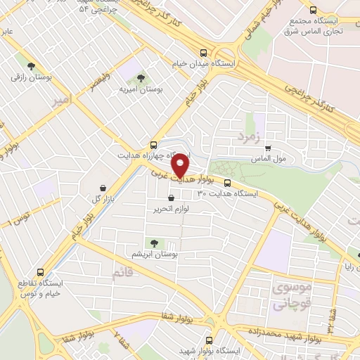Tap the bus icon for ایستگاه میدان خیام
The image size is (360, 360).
coord(204,53)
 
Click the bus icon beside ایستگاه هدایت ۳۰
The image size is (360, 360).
coord(227,183)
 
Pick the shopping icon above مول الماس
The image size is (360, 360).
coord(268,148)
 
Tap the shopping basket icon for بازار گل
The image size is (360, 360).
coord(104,188)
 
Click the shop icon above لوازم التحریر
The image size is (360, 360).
coord(171,199)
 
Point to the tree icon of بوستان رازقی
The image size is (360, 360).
coord(30,65)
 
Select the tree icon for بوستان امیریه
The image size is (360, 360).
coord(141,78)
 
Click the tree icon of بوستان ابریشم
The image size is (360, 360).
coord(155,243)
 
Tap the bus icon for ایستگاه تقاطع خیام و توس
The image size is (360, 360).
coord(39,271)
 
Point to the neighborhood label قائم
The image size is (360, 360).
coord(122,274)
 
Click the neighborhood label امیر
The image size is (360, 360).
coord(62,102)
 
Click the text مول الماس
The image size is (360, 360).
coord(270,159)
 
